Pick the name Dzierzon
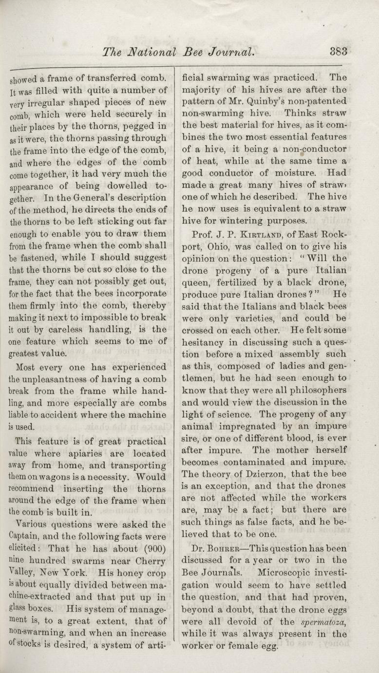(251, 474)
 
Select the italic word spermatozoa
(321, 623)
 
